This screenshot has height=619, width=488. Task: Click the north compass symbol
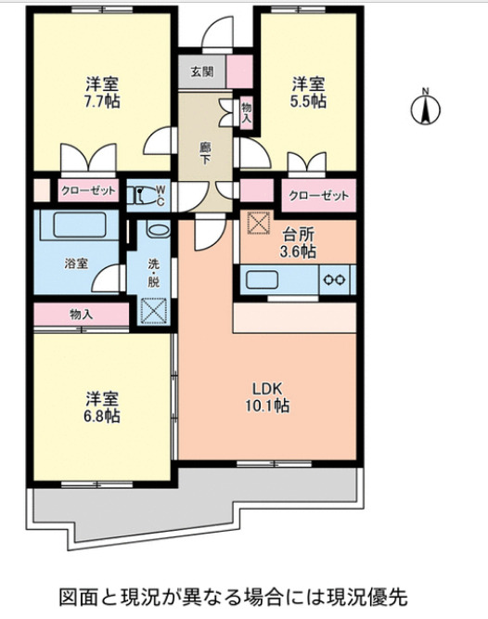(425, 109)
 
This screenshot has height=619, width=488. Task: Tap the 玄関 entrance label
(201, 72)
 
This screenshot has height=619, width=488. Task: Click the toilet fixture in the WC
(144, 196)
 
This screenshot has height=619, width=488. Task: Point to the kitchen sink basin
(263, 279)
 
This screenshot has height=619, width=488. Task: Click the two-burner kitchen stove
(335, 279)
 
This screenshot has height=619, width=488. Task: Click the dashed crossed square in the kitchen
(254, 223)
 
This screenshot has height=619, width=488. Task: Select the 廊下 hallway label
(205, 153)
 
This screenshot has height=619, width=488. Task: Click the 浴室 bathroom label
(75, 264)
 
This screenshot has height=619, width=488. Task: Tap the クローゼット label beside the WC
(89, 191)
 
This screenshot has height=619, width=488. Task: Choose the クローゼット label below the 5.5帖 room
(319, 196)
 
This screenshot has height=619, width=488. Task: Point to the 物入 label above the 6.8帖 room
(81, 315)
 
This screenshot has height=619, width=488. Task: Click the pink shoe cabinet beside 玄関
(239, 71)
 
